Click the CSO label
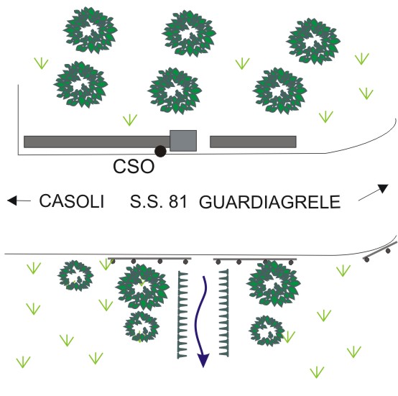click(x=134, y=167)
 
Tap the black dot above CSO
click(x=160, y=152)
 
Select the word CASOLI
click(x=72, y=201)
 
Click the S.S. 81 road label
click(x=159, y=202)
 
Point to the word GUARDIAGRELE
click(x=269, y=202)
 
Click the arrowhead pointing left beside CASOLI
click(x=12, y=201)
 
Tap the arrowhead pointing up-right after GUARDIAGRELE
click(x=384, y=188)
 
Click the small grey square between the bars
click(x=183, y=141)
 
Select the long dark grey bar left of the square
click(x=97, y=142)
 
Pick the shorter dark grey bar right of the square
click(x=253, y=142)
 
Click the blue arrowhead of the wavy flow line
click(x=203, y=359)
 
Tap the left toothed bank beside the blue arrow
click(x=182, y=315)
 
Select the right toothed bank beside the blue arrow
click(x=223, y=313)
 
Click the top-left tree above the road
click(x=90, y=30)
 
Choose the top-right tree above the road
click(x=313, y=41)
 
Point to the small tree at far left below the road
click(x=75, y=275)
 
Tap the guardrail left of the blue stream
click(x=149, y=260)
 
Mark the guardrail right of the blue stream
click(x=255, y=260)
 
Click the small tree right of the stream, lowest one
click(x=267, y=331)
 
